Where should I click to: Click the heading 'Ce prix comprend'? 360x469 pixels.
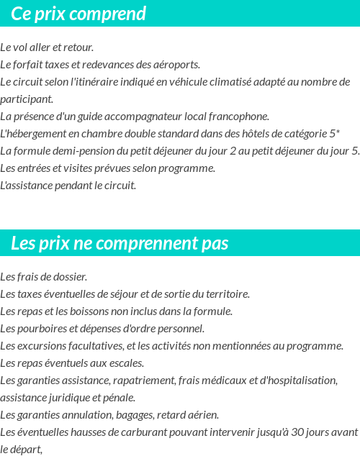click(78, 14)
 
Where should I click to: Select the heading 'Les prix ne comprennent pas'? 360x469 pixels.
click(120, 243)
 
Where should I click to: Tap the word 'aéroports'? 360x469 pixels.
click(176, 65)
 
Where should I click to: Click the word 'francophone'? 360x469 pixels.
click(240, 117)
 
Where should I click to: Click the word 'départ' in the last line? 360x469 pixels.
click(27, 450)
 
